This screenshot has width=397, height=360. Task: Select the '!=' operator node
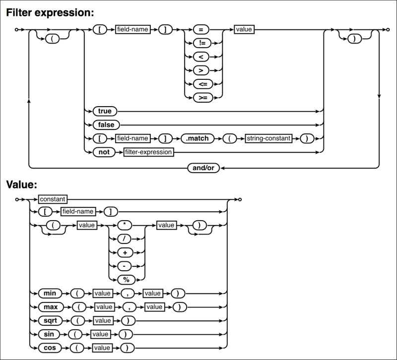pos(202,43)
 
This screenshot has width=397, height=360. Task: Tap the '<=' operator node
pos(202,84)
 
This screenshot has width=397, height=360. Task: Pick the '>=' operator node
pos(202,98)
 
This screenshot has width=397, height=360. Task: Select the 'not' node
pos(104,152)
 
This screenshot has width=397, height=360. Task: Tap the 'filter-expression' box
pos(149,152)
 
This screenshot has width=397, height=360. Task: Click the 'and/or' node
pos(204,168)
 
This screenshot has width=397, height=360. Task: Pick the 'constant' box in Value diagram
pos(53,199)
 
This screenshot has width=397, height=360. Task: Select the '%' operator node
pos(127,280)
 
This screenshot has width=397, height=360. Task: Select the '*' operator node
pos(127,226)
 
